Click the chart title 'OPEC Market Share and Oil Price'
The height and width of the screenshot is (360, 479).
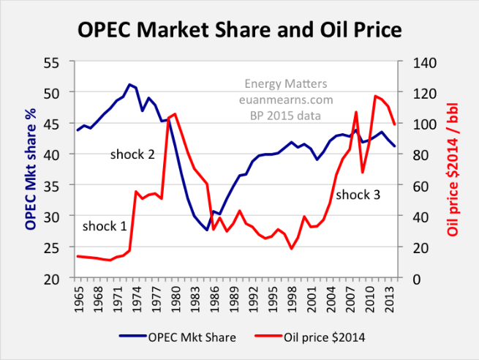[x=239, y=30]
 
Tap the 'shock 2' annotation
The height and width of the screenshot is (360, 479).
[x=133, y=154]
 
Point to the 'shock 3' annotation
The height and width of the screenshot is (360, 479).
[x=358, y=195]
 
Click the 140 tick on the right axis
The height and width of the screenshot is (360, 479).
[x=417, y=62]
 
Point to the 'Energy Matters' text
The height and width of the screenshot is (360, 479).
[x=285, y=84]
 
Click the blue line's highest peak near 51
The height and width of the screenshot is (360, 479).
[x=129, y=85]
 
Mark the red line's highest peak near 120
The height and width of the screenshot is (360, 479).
[x=375, y=96]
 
